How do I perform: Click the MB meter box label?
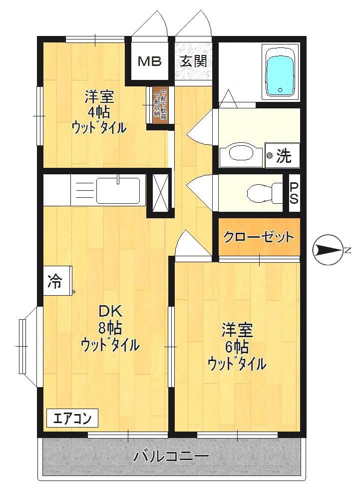[149, 61]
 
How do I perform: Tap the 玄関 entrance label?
[193, 61]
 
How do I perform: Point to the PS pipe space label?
[295, 193]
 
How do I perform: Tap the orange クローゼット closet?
[259, 237]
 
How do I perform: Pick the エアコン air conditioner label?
[72, 418]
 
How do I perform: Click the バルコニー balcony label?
[171, 457]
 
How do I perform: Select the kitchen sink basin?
[118, 190]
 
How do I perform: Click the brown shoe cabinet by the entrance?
[160, 105]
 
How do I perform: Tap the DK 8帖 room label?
[110, 328]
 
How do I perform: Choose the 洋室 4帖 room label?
[99, 112]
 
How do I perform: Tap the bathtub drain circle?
[281, 90]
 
